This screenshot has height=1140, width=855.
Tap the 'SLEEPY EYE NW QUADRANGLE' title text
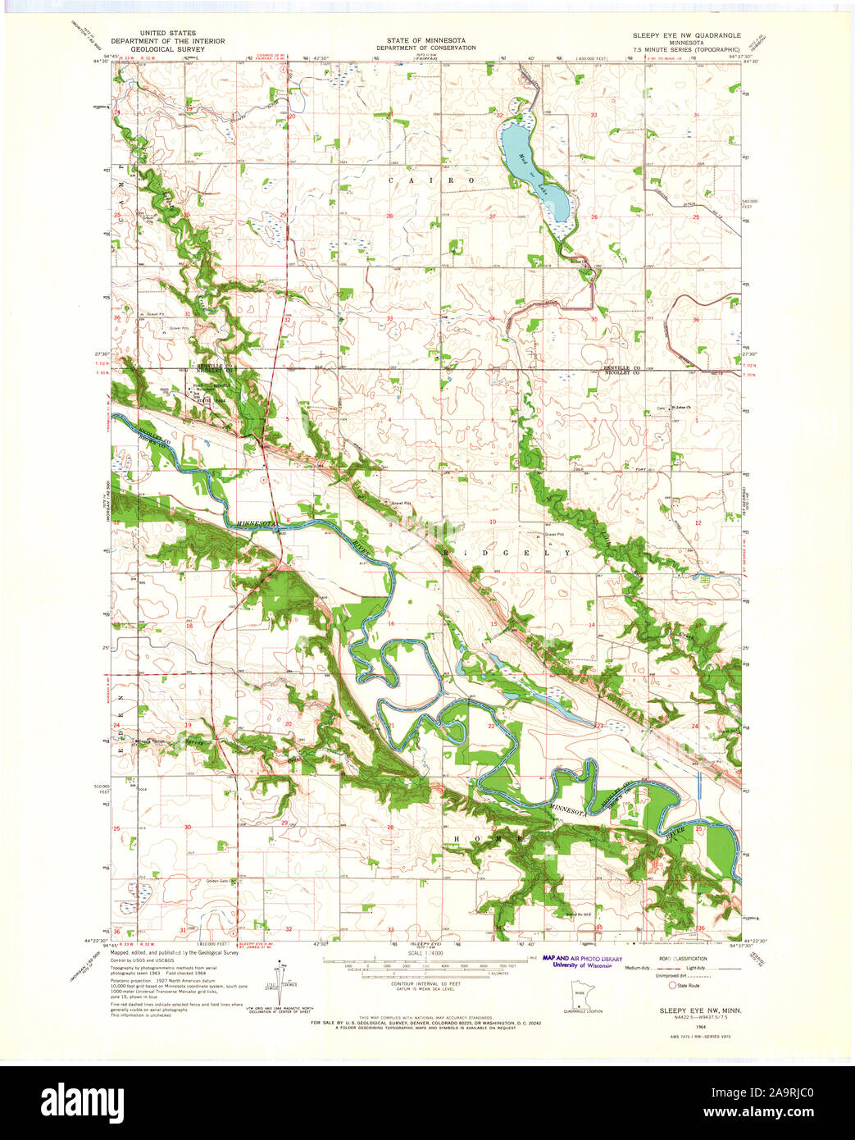686,36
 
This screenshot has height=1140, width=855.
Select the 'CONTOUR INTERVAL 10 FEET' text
426,983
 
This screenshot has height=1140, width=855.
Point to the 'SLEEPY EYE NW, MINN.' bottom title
701,1010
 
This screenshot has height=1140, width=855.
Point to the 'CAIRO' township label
431,180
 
